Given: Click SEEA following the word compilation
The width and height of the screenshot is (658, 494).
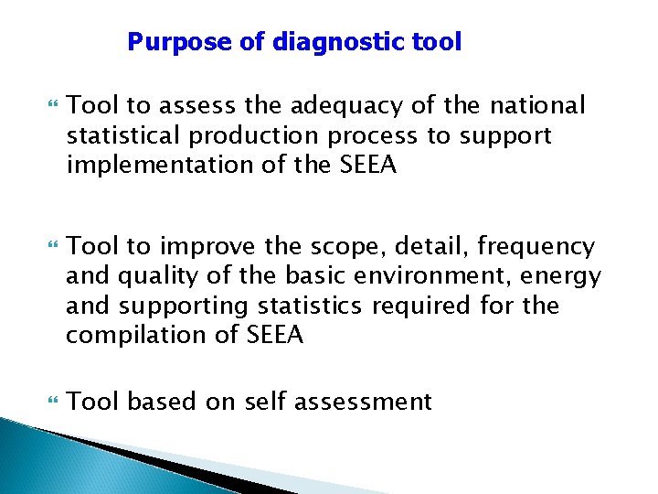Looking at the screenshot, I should pos(274,335).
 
